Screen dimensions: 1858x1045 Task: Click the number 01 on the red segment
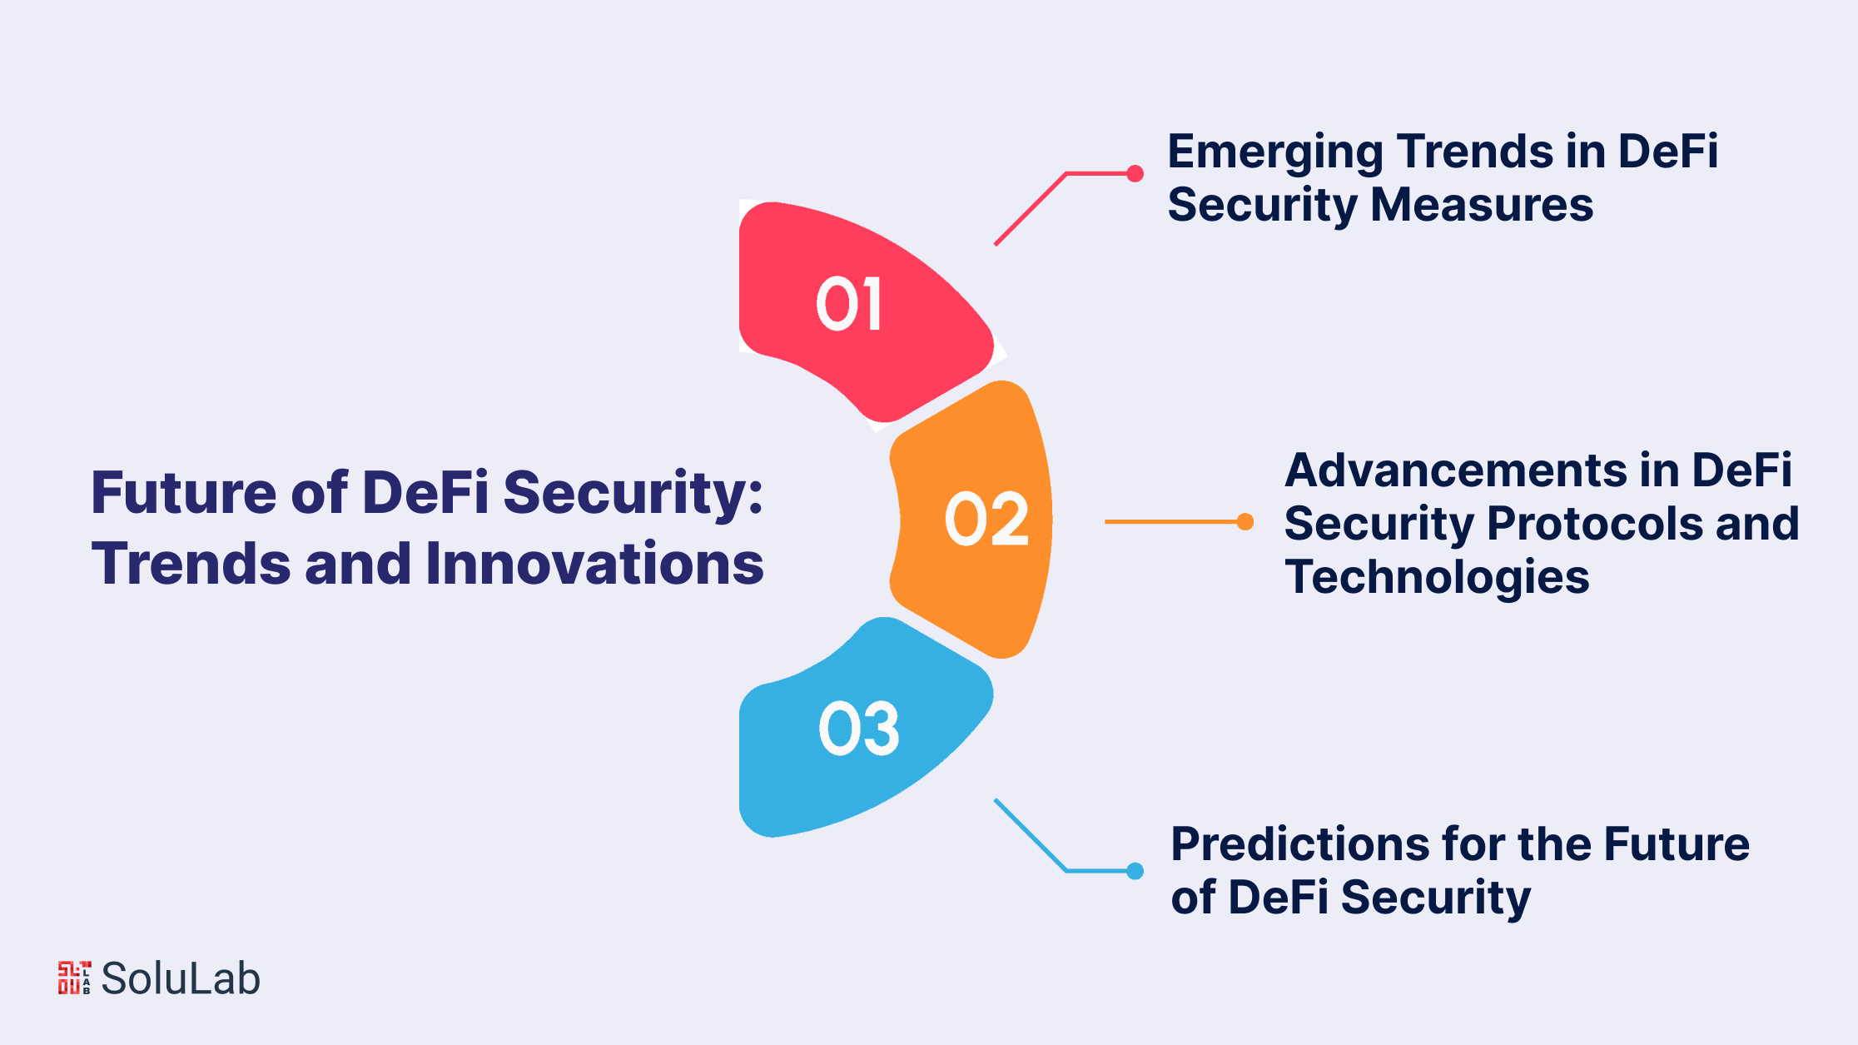848,304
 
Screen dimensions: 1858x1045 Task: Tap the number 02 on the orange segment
987,519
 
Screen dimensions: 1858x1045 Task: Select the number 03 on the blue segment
859,729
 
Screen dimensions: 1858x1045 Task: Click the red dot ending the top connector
1135,173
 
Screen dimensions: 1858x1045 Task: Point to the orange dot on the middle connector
1245,522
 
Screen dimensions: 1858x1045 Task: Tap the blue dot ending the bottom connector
1135,871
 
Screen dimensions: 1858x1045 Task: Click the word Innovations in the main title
594,564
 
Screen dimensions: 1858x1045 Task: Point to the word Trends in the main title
191,564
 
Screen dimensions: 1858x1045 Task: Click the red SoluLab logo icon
74,978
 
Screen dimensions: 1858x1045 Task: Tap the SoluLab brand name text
181,978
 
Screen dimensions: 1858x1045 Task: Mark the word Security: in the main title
633,495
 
